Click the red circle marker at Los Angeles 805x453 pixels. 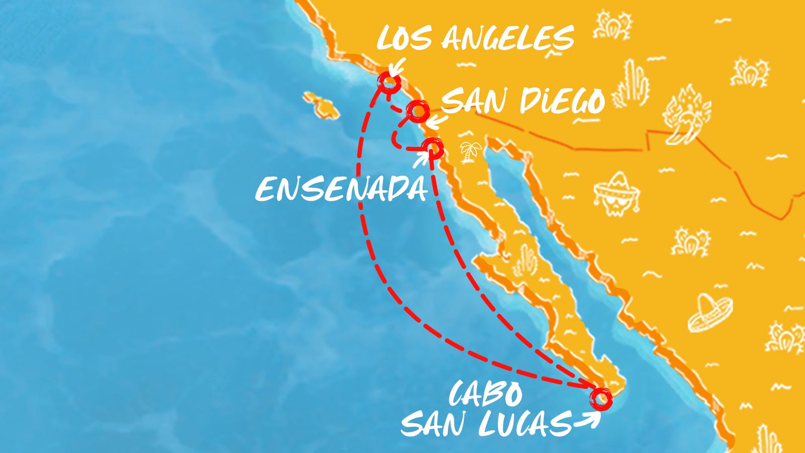coord(389,83)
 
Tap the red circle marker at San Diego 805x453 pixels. coord(418,110)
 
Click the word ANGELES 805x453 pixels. coord(508,38)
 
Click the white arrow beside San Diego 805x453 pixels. coord(433,121)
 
